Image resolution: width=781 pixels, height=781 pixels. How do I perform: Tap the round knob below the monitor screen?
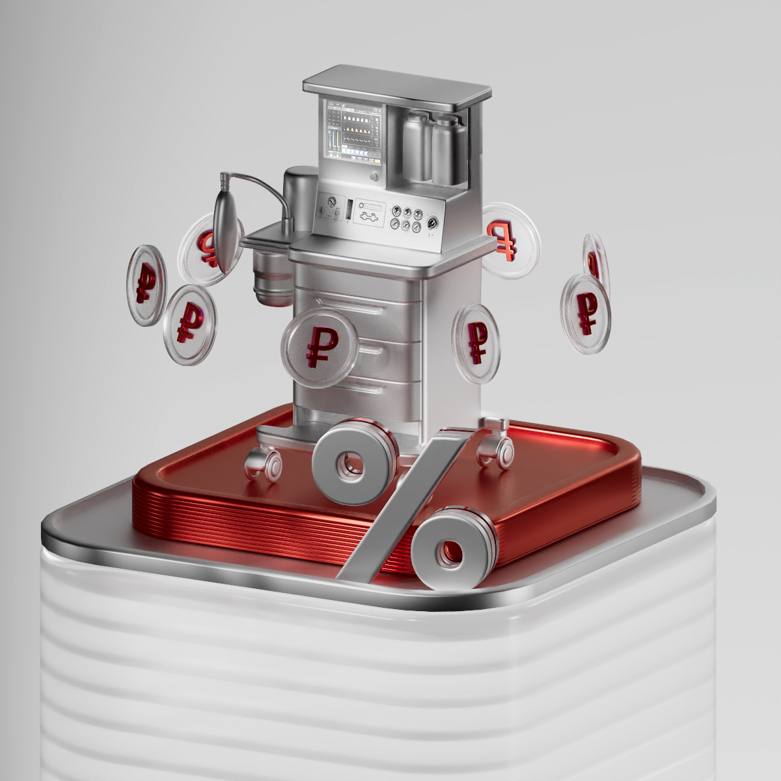(374, 177)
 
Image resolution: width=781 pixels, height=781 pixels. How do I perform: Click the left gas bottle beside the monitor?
(417, 146)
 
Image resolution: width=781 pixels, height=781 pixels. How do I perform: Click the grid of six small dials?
(404, 218)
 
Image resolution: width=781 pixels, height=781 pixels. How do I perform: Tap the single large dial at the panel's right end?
(432, 223)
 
